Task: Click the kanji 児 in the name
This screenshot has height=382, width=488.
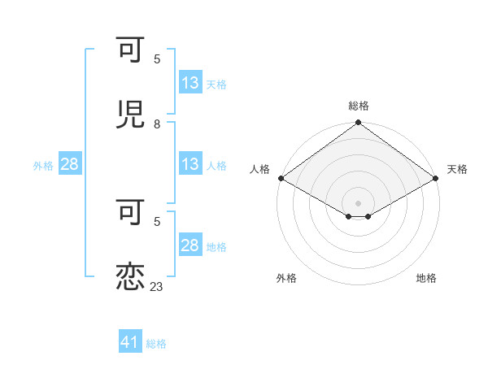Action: (x=130, y=115)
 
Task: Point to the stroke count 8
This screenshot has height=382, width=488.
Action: (x=157, y=124)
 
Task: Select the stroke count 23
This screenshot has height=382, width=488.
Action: (x=157, y=286)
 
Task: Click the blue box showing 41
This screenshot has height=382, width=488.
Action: (x=130, y=343)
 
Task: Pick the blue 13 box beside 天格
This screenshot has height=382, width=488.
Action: (x=190, y=83)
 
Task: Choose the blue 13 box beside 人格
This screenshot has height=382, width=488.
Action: (x=190, y=164)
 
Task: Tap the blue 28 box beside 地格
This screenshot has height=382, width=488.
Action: (x=190, y=245)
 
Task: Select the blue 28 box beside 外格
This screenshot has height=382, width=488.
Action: (x=70, y=164)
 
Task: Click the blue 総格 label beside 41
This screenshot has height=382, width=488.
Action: (x=156, y=344)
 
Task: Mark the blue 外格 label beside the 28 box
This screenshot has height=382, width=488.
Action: (x=43, y=165)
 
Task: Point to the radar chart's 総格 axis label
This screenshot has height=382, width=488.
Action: (x=359, y=106)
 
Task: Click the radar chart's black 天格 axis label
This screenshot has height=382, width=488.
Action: (x=457, y=169)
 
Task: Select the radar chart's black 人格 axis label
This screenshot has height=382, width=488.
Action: (x=259, y=169)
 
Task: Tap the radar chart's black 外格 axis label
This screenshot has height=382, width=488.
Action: (x=286, y=278)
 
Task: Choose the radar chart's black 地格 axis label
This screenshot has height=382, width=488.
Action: (x=426, y=278)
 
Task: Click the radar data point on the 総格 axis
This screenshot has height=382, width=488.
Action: (x=359, y=124)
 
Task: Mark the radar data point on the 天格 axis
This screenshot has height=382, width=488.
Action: (x=435, y=178)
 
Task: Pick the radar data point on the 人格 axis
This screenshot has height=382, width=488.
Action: (x=281, y=178)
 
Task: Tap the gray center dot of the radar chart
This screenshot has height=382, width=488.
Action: (x=359, y=202)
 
